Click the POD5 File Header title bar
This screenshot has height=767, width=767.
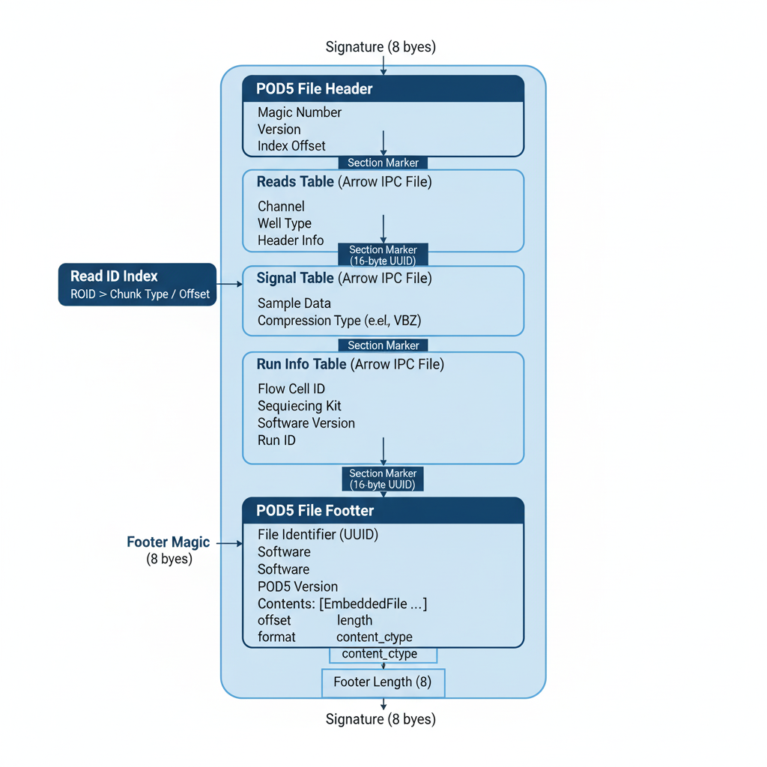pos(383,89)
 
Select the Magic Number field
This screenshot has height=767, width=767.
pos(300,112)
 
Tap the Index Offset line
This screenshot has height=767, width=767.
pos(291,146)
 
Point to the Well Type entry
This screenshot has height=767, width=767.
pos(284,223)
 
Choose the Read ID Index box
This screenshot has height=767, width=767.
pos(137,285)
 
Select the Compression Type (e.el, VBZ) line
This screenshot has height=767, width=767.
pos(339,321)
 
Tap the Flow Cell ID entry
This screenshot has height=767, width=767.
pos(291,389)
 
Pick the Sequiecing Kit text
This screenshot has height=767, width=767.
pos(299,406)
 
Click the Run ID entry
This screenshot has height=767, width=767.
pos(276,440)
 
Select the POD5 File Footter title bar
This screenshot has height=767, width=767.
pos(383,511)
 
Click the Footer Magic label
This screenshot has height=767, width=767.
pos(169,542)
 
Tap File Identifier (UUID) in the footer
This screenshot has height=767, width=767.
pos(318,535)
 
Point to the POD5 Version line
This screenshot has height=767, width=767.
pos(297,586)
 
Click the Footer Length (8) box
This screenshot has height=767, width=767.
pos(383,682)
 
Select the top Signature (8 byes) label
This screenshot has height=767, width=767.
pos(381,47)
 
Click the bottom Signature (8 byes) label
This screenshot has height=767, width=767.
pos(381,719)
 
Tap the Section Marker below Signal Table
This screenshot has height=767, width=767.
pos(383,345)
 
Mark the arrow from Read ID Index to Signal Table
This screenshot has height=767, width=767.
pos(230,285)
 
